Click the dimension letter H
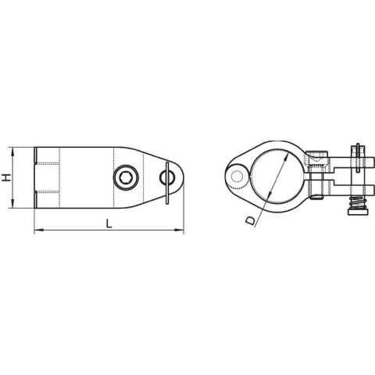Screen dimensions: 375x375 coord(6,178)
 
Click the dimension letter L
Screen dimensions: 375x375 coord(109,223)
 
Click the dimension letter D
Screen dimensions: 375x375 coord(249,221)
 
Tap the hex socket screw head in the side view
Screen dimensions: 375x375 coord(126,179)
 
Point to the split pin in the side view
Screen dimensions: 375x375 coord(168,184)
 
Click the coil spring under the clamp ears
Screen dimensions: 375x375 coord(356,204)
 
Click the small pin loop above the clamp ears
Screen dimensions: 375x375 coord(357,148)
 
